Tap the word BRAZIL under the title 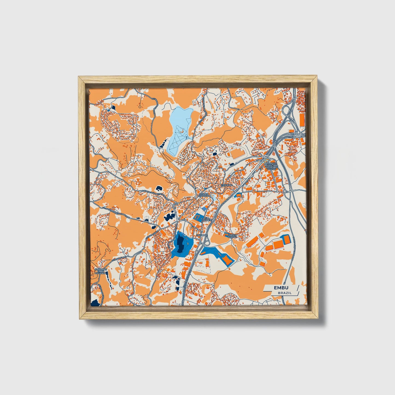[x=285, y=293]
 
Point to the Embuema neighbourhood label [x=226, y=185]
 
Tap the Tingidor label [x=202, y=235]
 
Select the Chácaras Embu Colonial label [x=101, y=272]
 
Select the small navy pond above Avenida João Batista [x=158, y=188]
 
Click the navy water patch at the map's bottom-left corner [x=95, y=303]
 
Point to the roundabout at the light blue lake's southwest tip [x=161, y=150]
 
